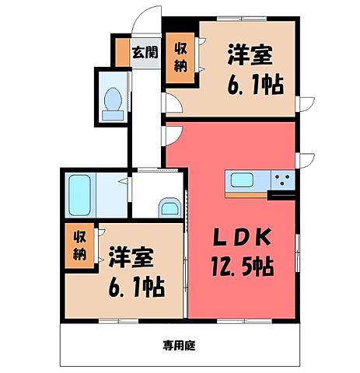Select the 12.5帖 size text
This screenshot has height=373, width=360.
click(x=242, y=267)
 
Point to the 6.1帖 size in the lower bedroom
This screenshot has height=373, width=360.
click(x=134, y=288)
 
